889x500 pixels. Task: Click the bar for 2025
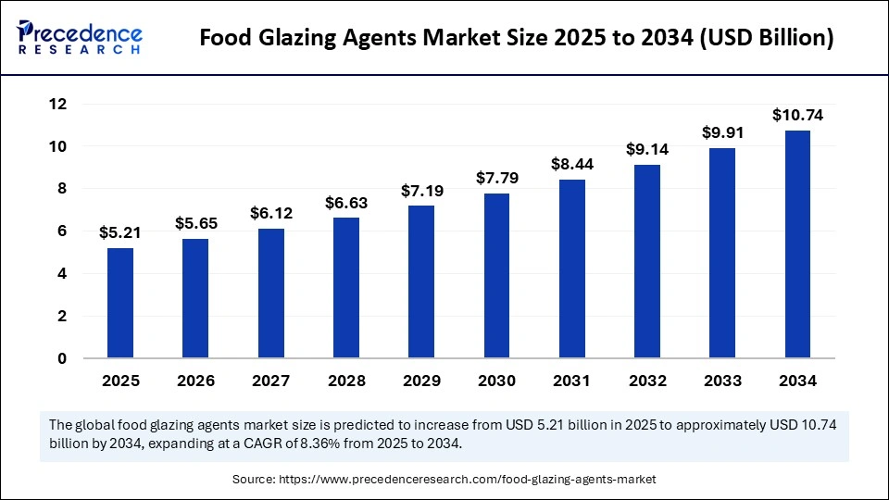pos(120,303)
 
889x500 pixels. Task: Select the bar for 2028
pos(345,288)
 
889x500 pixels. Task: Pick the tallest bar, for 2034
pos(797,244)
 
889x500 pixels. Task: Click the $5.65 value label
pos(195,223)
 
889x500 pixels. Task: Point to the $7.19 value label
pos(421,191)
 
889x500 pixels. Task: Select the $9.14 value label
pos(647,149)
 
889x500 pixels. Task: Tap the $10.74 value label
pos(797,116)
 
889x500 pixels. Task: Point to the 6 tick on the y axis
pos(62,231)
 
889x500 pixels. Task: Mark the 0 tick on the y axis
pos(62,358)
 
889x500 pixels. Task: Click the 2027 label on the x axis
pos(270,381)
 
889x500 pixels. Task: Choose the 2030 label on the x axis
pos(496,381)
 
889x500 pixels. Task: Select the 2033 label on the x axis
pos(722,381)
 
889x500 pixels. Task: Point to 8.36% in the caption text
pos(327,443)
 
